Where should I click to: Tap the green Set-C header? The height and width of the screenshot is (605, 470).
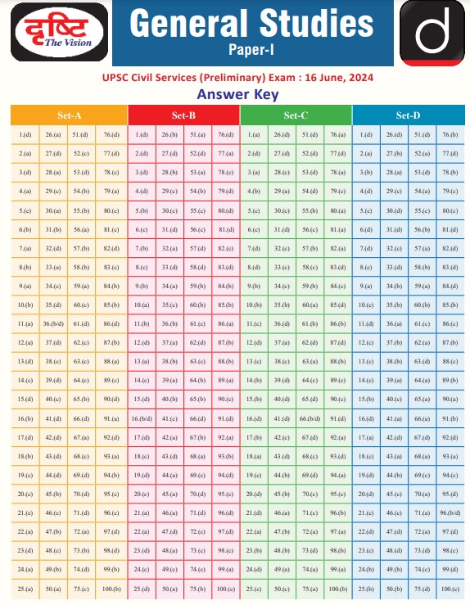click(296, 115)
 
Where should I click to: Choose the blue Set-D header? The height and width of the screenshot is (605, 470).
click(408, 115)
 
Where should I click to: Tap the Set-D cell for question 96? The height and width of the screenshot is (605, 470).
click(450, 512)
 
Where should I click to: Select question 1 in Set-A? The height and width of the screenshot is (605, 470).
click(25, 134)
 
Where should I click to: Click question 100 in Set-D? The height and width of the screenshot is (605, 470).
click(450, 589)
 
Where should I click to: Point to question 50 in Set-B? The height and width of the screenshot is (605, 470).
click(169, 589)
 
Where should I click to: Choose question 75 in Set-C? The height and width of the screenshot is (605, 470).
click(309, 589)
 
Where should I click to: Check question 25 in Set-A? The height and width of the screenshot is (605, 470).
click(25, 589)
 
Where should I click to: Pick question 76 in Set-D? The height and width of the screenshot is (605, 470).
click(450, 134)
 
